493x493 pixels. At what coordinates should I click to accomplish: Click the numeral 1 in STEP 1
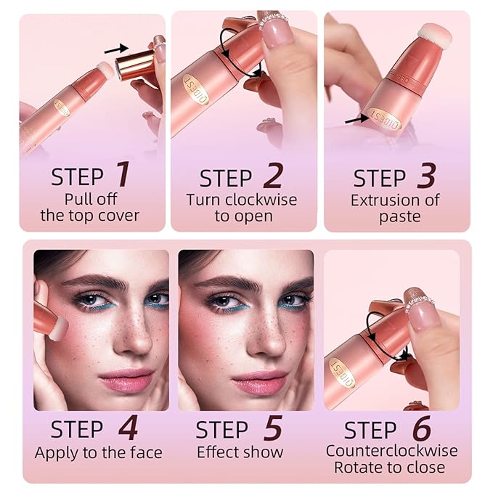tap(123, 175)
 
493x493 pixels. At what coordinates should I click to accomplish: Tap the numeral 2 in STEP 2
tap(273, 176)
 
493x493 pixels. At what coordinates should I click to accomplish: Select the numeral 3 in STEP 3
tap(428, 176)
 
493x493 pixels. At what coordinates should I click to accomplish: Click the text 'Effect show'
tap(240, 452)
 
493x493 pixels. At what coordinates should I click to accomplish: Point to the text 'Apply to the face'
tap(98, 452)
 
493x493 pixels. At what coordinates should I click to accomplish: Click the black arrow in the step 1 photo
tap(115, 49)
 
